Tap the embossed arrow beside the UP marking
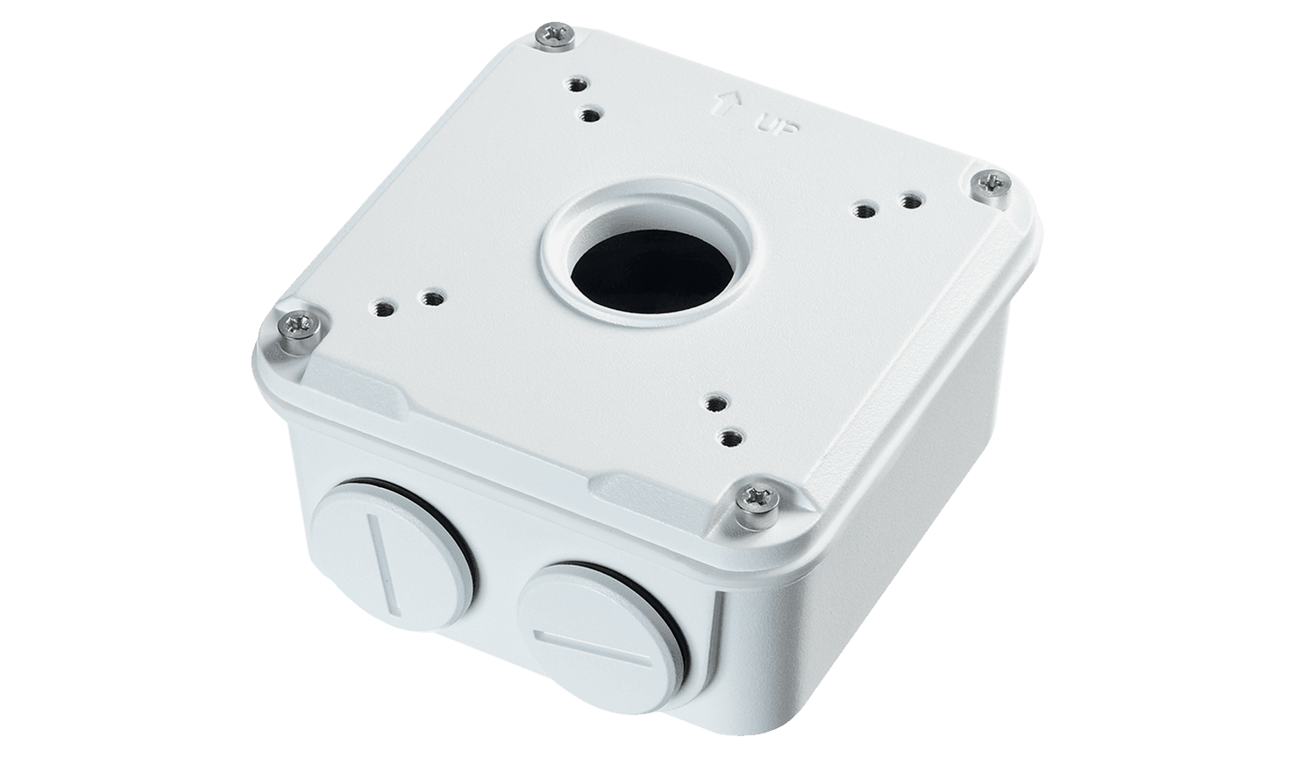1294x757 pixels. tap(728, 106)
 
